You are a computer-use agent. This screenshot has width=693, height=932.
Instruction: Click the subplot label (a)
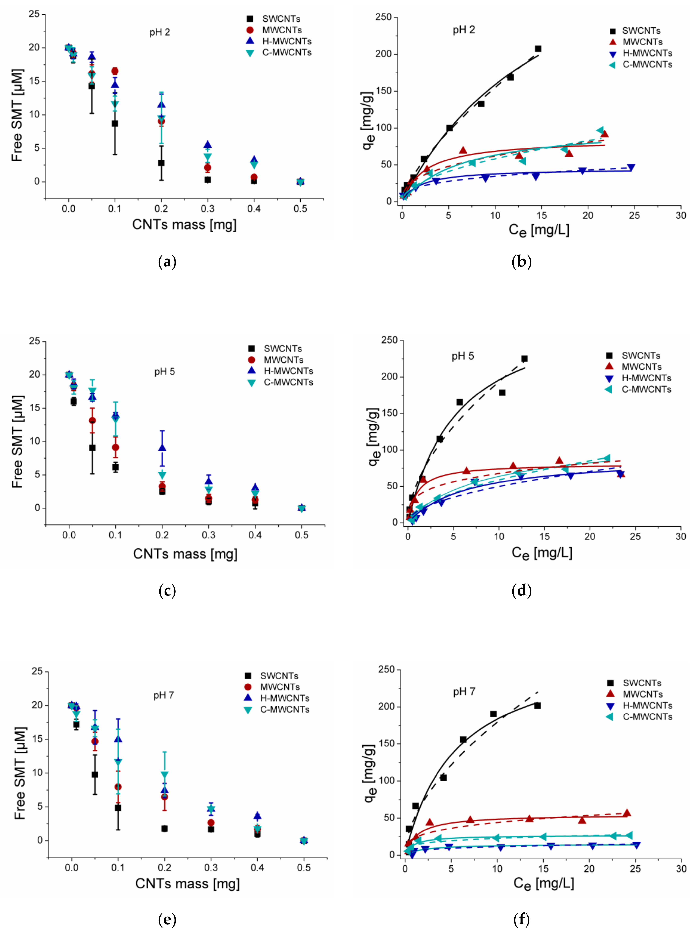point(167,262)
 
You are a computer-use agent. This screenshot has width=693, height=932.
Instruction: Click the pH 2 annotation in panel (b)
point(464,30)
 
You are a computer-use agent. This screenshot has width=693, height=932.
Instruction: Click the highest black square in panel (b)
point(538,49)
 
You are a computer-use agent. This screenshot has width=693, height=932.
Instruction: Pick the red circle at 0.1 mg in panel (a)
point(114,71)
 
